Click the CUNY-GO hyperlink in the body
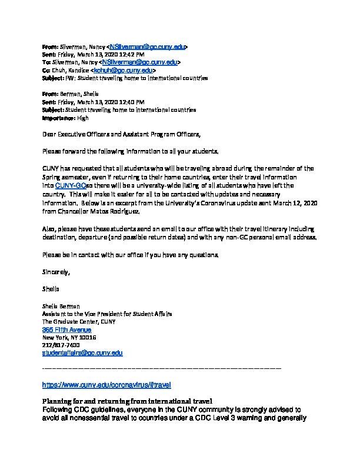tap(74, 185)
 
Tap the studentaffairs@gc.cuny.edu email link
tap(82, 353)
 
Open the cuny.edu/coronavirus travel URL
tap(106, 385)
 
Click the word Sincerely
tap(56, 272)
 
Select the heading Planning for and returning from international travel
tap(127, 401)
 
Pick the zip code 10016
tap(85, 338)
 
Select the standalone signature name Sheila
tap(51, 289)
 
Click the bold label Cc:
tap(46, 71)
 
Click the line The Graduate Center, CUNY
tap(79, 322)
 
